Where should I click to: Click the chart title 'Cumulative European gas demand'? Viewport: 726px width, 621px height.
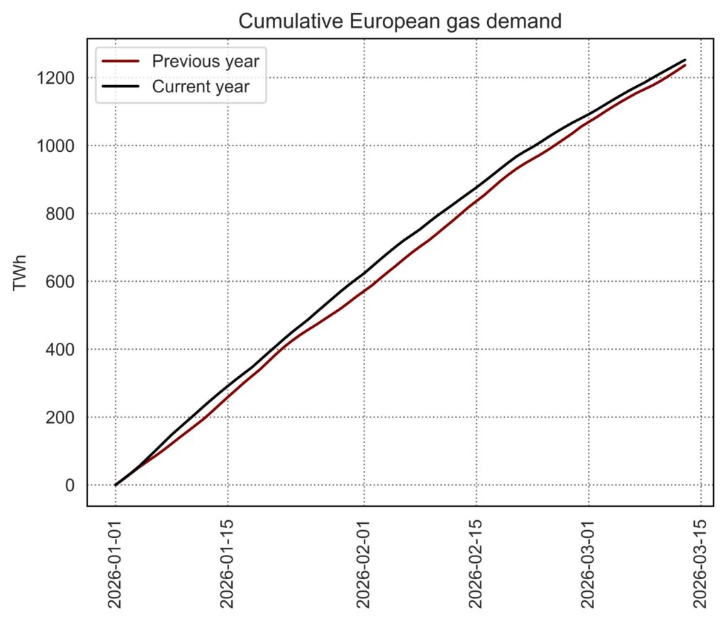point(400,21)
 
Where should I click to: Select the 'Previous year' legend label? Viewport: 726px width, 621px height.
point(206,61)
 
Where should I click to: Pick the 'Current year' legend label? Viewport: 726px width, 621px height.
point(201,87)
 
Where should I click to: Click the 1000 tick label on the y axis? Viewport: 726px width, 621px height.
point(55,145)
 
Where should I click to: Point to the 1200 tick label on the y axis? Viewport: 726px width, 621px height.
point(55,78)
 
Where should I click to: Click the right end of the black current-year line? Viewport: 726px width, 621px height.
point(685,60)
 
